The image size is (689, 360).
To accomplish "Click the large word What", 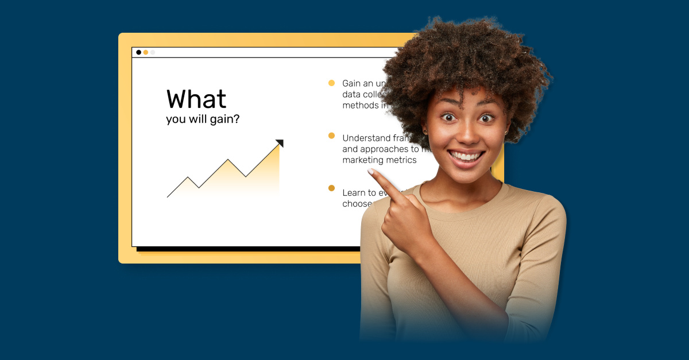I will [x=196, y=99].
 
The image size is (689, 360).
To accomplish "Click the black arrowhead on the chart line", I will [x=280, y=143].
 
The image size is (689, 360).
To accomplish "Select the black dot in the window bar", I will [x=138, y=52].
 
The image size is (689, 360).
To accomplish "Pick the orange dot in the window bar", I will [x=146, y=52].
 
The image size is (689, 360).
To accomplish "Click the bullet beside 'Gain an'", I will [x=331, y=83].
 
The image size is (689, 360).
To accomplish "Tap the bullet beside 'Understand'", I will [x=331, y=136].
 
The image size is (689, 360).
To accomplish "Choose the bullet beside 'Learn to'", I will [x=331, y=188].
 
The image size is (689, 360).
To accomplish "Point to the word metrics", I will [x=403, y=160].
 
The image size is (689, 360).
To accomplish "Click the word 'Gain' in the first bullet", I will [x=353, y=83].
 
